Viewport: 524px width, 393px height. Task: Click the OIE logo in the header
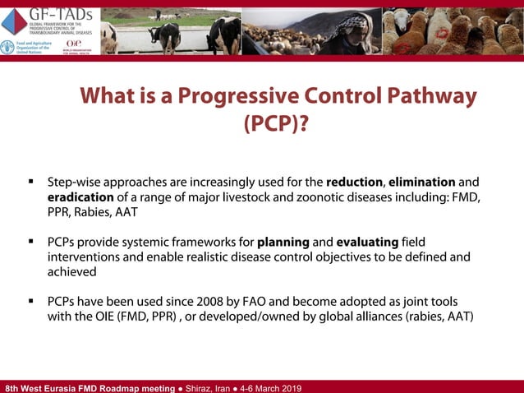pos(73,44)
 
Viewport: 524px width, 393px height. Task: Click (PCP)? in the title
pos(278,123)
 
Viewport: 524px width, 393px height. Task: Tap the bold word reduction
pos(354,181)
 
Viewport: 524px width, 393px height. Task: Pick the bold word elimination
pos(421,181)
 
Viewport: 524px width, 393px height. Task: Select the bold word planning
pos(283,242)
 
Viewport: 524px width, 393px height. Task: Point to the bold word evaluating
pos(367,242)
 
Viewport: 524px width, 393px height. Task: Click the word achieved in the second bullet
pos(71,271)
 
